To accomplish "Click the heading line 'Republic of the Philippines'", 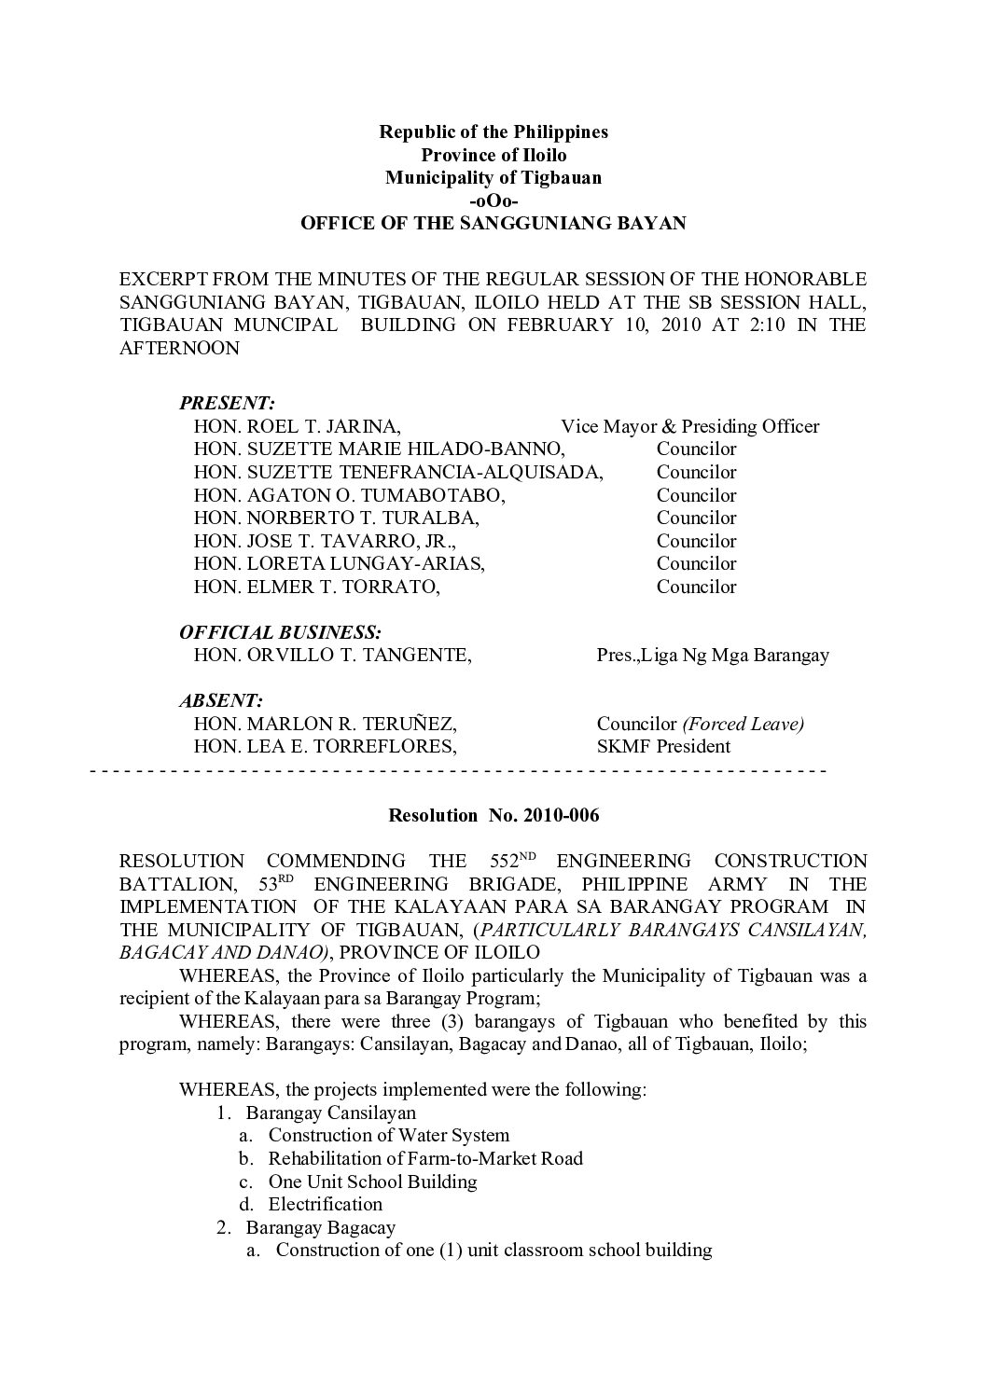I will [493, 131].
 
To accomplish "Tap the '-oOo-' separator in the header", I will [493, 200].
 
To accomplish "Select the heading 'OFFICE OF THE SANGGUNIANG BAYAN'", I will [493, 224].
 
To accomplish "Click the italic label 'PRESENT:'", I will [227, 404].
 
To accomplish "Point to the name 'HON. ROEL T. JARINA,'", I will [298, 427].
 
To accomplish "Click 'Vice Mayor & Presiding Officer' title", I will [689, 427].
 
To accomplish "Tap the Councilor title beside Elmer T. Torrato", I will [696, 587].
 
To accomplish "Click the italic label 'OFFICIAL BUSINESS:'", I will [280, 632].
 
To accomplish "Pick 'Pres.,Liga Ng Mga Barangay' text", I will [713, 656].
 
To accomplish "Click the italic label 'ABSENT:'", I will [221, 700].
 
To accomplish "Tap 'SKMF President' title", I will [663, 746].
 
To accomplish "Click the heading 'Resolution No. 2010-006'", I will [493, 816].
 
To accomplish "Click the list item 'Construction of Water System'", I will [389, 1135].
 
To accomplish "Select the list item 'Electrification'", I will [326, 1204].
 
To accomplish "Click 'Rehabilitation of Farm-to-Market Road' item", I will [425, 1158].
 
